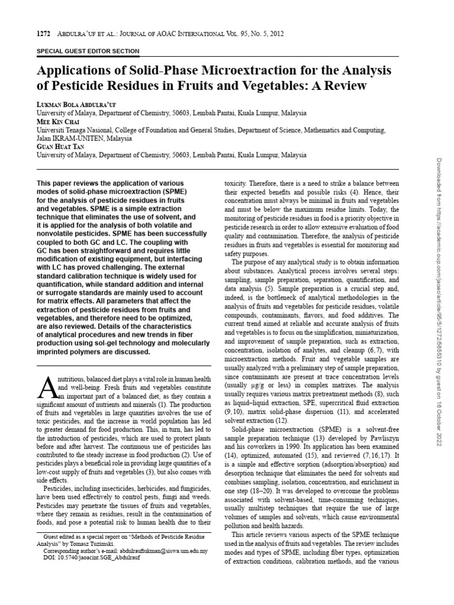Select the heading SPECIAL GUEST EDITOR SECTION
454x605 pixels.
(88, 51)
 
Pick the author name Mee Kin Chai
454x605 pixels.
(56, 122)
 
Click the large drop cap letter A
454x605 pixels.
(46, 386)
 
